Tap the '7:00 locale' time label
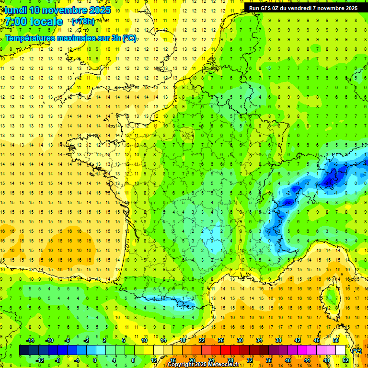click(x=34, y=22)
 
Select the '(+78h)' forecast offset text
click(x=83, y=22)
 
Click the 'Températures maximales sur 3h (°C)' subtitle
click(x=70, y=38)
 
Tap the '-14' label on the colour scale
click(x=30, y=340)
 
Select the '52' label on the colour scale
click(x=345, y=360)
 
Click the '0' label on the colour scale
click(x=95, y=360)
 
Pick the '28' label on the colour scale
click(x=230, y=360)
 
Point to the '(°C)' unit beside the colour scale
click(x=357, y=351)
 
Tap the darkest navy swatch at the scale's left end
click(x=24, y=350)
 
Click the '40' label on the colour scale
click(x=288, y=360)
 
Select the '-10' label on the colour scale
click(x=49, y=340)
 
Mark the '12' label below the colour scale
click(x=153, y=360)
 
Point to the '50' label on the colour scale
click(x=336, y=340)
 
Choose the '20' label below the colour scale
click(x=192, y=360)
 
